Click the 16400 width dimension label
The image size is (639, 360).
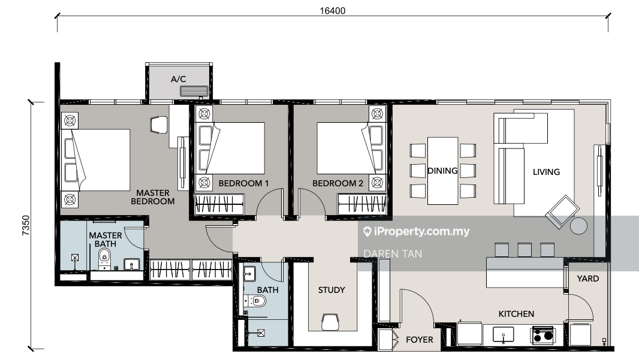point(333,11)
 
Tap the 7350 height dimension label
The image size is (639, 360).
point(26,225)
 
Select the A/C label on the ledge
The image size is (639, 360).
point(179,79)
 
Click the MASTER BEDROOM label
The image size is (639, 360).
point(153,197)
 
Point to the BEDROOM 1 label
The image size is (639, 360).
point(244,183)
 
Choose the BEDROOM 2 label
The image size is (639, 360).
point(338,183)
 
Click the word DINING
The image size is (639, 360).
point(442,171)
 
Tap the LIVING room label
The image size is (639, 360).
point(547,172)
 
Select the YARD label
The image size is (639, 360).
point(588,279)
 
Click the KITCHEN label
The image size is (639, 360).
point(516,314)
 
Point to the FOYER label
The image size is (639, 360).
point(420,340)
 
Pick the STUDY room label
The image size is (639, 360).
point(331,290)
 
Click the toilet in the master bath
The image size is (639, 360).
point(104,258)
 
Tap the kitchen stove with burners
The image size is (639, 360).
point(543,335)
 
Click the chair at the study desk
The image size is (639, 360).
point(330,322)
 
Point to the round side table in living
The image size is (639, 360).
point(578,226)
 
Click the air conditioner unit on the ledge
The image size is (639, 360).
point(194,91)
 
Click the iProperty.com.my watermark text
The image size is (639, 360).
point(416,232)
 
